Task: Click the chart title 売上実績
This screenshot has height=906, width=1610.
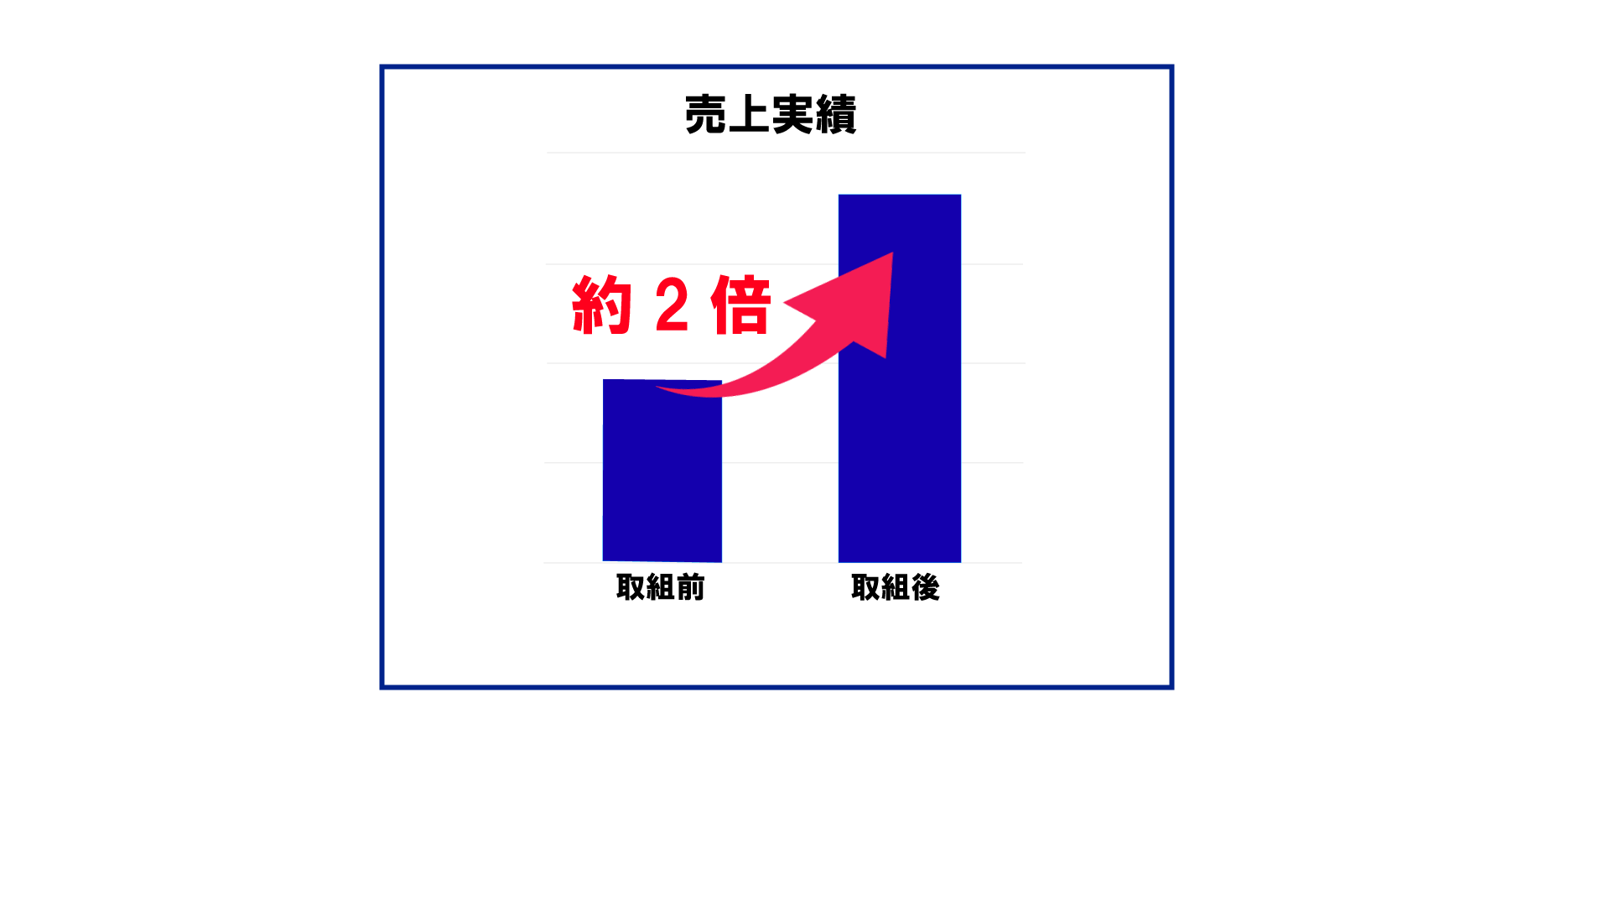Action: coord(771,115)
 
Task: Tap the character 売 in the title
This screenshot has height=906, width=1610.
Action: coord(706,115)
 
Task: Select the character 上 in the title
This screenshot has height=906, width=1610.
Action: coord(749,115)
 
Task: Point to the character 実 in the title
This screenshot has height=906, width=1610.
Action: coord(792,115)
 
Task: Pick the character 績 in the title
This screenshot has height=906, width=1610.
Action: coord(836,115)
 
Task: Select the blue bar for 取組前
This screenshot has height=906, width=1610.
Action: coord(662,471)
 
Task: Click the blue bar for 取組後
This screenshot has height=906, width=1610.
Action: coord(900,378)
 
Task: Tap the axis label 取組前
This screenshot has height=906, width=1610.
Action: coord(661,587)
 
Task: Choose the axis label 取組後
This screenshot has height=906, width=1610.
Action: coord(896,587)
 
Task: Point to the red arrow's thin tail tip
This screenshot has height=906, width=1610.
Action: coord(657,388)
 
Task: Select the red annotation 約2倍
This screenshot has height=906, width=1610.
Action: coord(671,305)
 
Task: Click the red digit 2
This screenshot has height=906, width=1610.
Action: coord(673,305)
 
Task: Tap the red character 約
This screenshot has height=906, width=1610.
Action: coord(601,305)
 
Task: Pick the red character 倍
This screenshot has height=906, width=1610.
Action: coord(741,305)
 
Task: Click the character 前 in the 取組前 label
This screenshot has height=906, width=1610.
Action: coord(691,587)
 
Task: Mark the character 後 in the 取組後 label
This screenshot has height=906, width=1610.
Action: coord(926,587)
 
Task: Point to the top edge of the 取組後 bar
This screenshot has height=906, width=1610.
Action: coord(900,195)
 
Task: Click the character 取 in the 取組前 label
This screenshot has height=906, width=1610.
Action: coord(631,587)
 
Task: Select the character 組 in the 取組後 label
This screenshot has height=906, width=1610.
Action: coord(896,587)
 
